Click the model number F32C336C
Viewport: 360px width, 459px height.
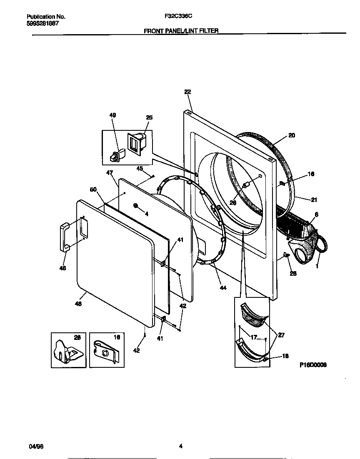(179, 17)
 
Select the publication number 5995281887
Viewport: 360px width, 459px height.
(42, 23)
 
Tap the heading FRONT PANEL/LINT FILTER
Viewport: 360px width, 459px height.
(181, 31)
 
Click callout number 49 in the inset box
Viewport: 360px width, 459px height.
(113, 115)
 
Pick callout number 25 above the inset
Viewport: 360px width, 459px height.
(149, 117)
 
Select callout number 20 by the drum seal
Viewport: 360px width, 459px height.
(292, 135)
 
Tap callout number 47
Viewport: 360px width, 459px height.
(110, 172)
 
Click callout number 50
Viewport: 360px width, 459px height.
(93, 190)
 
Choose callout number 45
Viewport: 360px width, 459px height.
(140, 168)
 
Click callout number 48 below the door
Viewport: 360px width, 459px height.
(78, 304)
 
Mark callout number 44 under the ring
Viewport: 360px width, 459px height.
(223, 288)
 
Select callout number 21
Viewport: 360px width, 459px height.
(314, 200)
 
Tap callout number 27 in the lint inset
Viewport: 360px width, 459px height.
(281, 335)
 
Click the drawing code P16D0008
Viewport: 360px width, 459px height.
(312, 364)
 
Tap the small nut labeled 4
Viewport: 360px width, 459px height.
(137, 205)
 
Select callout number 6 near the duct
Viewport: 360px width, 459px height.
(317, 215)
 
